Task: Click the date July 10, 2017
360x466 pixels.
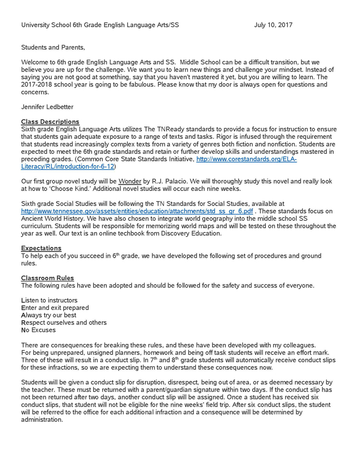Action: click(273, 25)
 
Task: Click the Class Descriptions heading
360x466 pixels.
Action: click(50, 122)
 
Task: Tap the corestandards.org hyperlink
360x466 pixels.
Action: click(246, 159)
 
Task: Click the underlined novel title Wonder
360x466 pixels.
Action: click(130, 182)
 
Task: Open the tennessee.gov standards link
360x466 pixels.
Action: click(137, 211)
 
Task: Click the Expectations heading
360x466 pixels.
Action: click(41, 248)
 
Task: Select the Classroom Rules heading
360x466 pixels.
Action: click(47, 278)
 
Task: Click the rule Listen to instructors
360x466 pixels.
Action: click(49, 300)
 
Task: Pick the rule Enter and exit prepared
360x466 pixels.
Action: click(55, 308)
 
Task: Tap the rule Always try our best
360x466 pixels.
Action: click(49, 315)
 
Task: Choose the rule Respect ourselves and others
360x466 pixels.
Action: click(64, 322)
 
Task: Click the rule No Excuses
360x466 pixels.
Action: click(38, 330)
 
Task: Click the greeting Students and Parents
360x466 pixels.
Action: click(53, 47)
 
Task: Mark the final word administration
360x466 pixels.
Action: click(42, 420)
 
